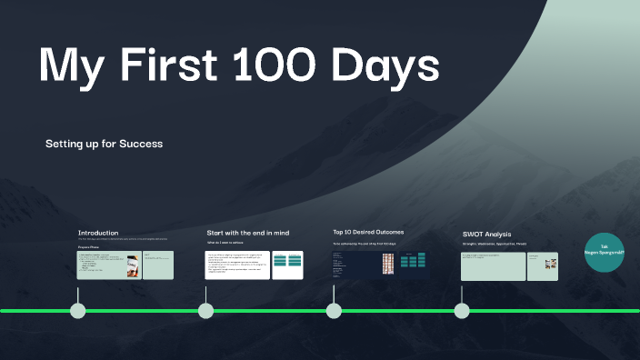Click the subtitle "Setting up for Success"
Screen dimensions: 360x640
point(104,144)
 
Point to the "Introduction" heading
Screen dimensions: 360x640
point(98,233)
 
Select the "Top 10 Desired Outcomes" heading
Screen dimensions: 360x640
point(368,232)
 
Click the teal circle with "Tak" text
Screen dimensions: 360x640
point(604,254)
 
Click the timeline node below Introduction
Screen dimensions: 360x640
point(78,310)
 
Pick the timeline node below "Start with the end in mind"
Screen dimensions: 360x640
point(206,310)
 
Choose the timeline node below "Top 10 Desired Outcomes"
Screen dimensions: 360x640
point(334,310)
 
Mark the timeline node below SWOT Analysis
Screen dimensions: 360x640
point(462,310)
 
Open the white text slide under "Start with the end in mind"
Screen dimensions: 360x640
point(237,265)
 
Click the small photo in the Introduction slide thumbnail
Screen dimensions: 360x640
point(133,265)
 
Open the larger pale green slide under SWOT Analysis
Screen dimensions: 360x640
point(492,265)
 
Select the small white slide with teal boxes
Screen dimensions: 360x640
point(287,265)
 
